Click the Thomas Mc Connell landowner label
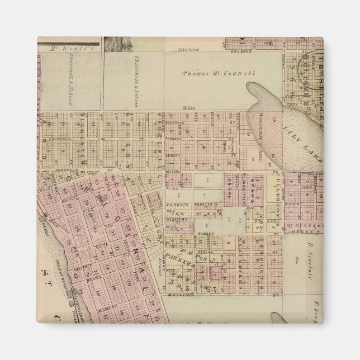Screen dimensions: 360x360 tap(219, 73)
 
